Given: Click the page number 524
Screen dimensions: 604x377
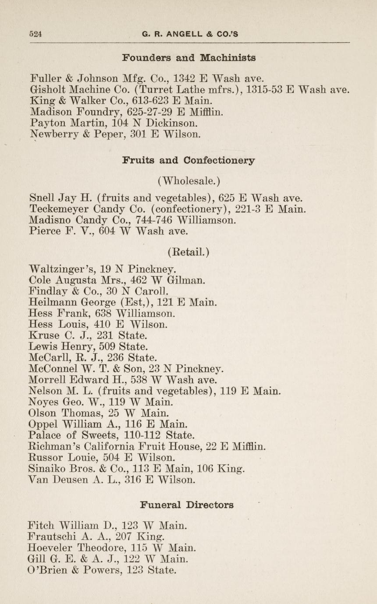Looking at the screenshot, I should pyautogui.click(x=35, y=34).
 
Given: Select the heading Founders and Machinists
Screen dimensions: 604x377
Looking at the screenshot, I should pyautogui.click(x=189, y=58).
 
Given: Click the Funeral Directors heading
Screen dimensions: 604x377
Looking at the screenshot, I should pyautogui.click(x=187, y=505).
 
